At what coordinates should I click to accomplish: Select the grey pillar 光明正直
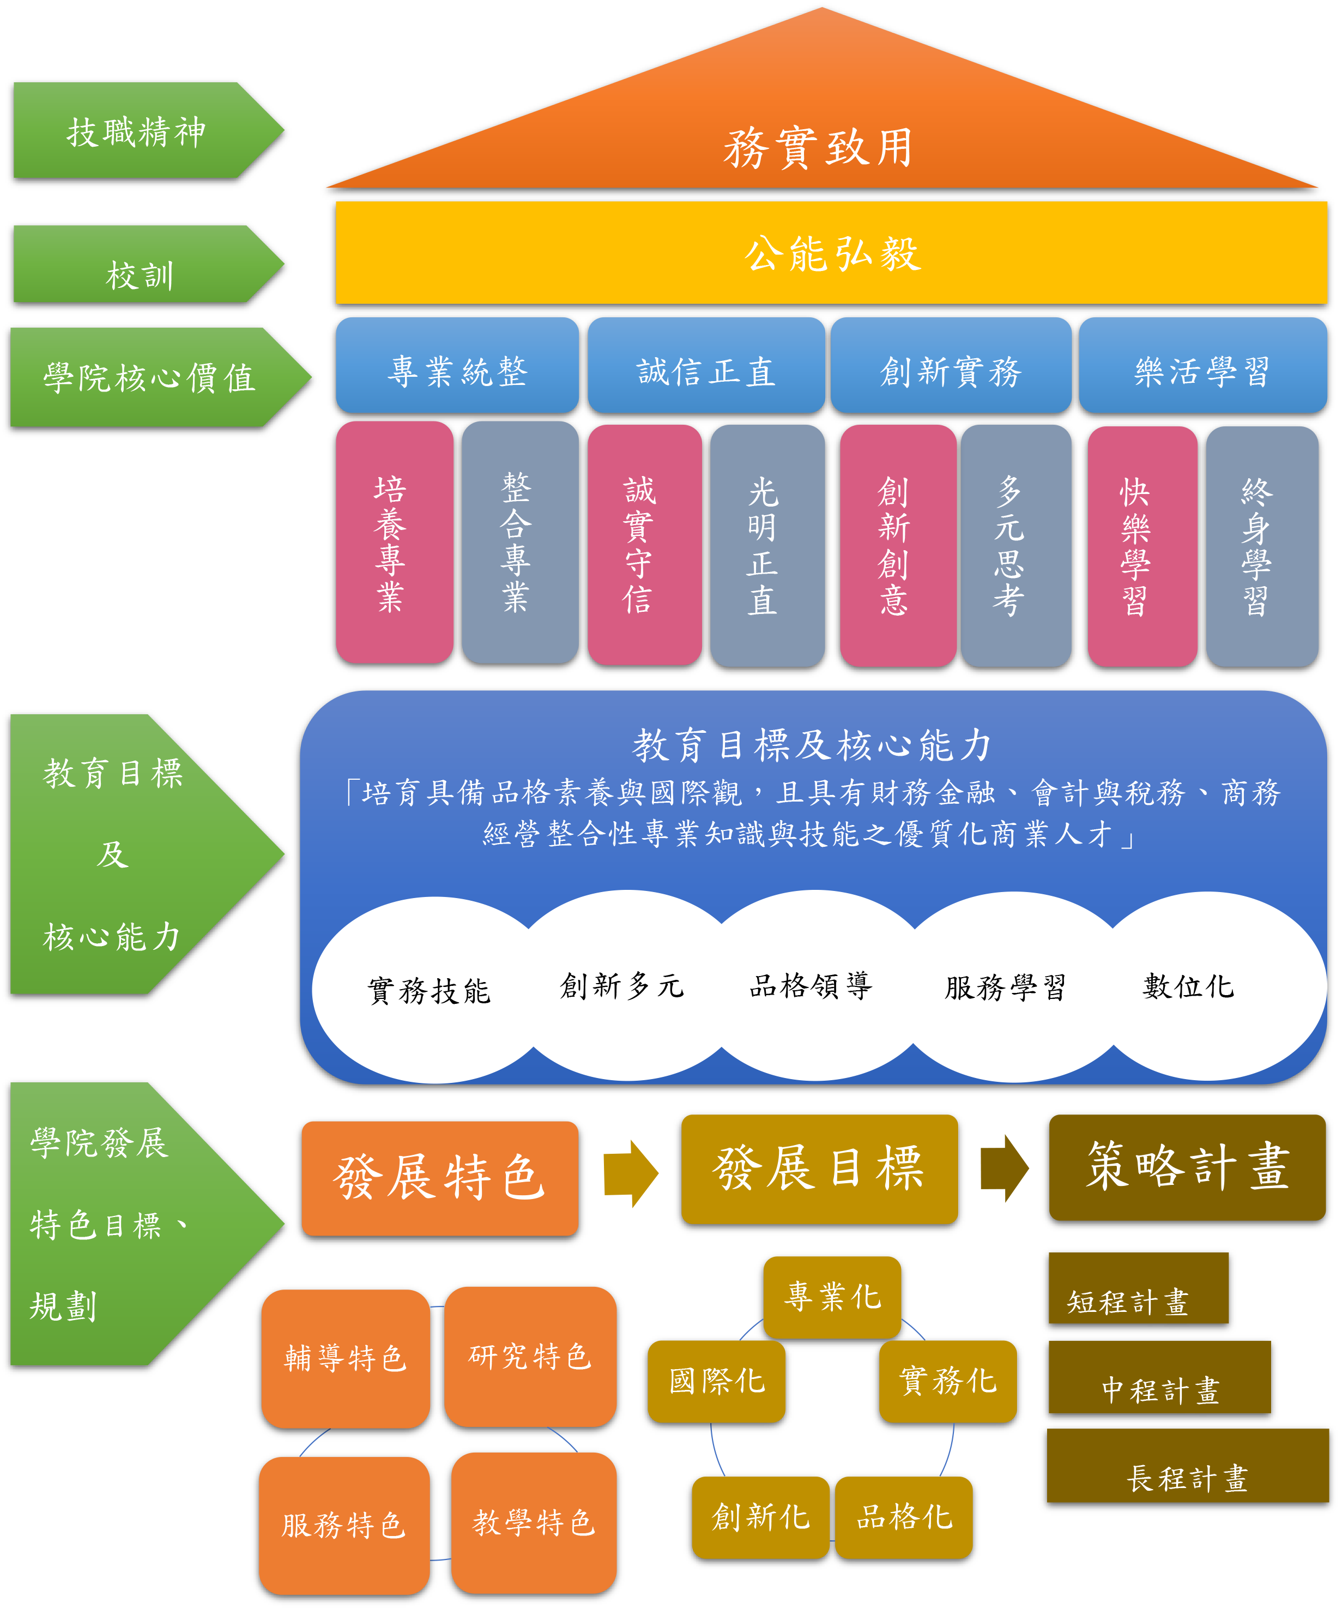[766, 545]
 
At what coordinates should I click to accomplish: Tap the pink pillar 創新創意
[897, 545]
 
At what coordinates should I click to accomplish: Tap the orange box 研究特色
[530, 1356]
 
